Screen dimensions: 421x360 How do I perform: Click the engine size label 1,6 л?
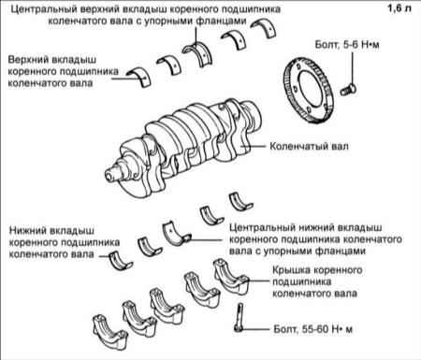coord(399,8)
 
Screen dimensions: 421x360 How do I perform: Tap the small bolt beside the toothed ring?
coord(349,90)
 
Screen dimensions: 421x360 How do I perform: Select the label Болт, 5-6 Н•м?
coord(347,45)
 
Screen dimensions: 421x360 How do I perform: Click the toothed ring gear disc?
coord(309,91)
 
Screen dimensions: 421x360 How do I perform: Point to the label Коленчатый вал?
coord(309,146)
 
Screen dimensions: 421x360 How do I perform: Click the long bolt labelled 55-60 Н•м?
coord(240,317)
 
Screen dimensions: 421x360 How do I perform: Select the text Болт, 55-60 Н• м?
coord(312,329)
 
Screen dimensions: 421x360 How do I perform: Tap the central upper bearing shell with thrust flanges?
coord(197,53)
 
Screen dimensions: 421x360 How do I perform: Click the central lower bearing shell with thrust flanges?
coord(176,233)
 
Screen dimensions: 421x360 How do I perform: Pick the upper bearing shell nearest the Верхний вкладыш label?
coord(139,76)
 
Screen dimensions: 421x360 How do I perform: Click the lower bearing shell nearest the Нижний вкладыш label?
coord(121,261)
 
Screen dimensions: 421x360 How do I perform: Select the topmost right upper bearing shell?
coord(264,28)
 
